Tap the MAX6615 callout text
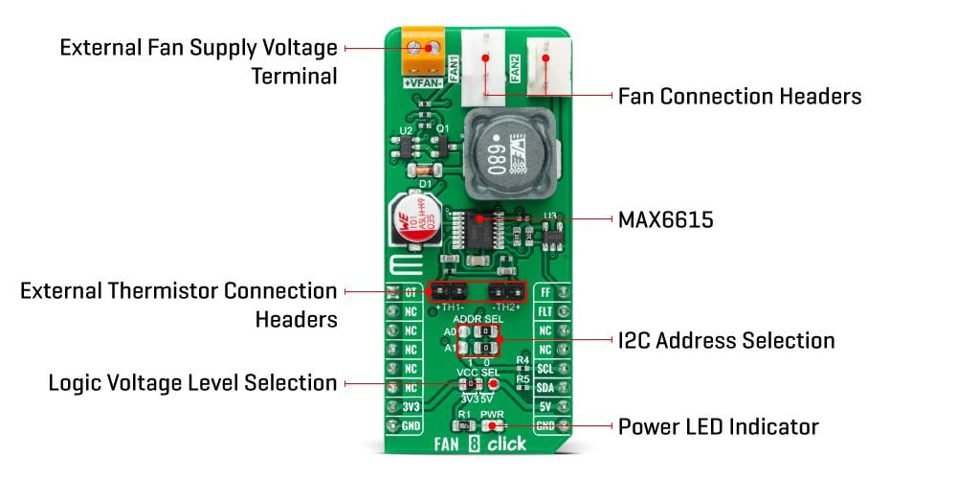[665, 219]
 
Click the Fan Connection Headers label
[740, 96]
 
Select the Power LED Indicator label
[718, 425]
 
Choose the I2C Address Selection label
[726, 340]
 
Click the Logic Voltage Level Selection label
[193, 383]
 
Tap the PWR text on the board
[492, 414]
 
